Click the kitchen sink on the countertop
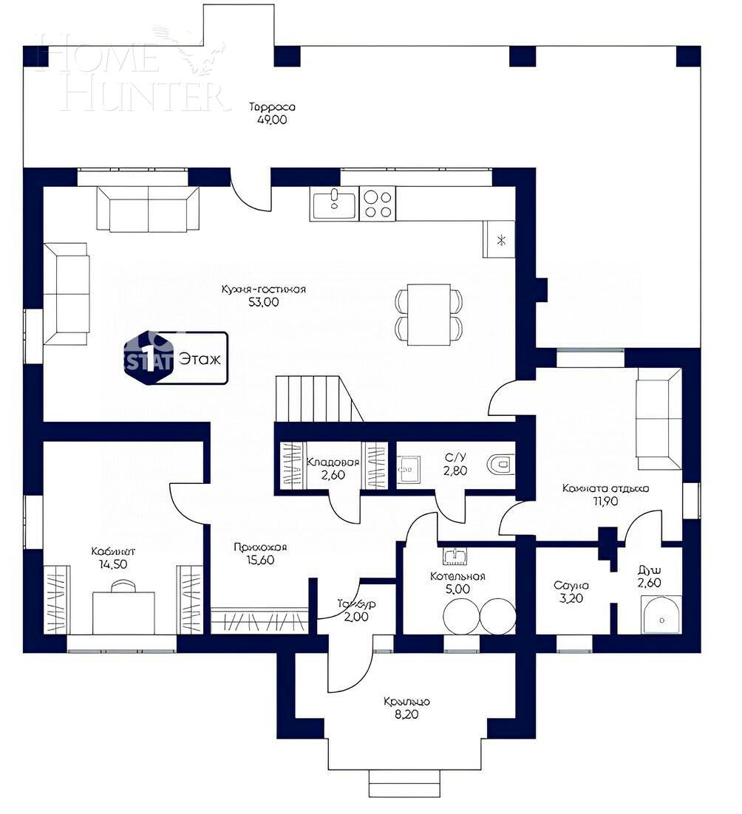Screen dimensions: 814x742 pyautogui.click(x=334, y=203)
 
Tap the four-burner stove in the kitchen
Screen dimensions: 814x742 pyautogui.click(x=378, y=203)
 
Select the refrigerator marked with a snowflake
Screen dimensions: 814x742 pyautogui.click(x=500, y=239)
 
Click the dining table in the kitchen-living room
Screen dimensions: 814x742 pyautogui.click(x=429, y=314)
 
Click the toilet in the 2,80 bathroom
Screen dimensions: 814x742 pyautogui.click(x=500, y=465)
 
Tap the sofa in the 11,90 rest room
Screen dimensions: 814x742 pyautogui.click(x=658, y=420)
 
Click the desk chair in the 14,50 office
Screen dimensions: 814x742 pyautogui.click(x=123, y=586)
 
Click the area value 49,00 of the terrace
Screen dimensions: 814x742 pyautogui.click(x=272, y=120)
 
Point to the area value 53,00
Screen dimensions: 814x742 pyautogui.click(x=264, y=301)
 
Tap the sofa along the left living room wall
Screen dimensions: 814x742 pyautogui.click(x=66, y=293)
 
